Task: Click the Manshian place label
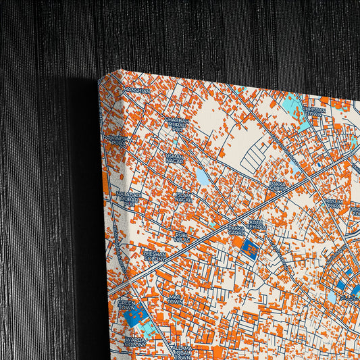tap(137, 90)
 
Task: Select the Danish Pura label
tap(119, 140)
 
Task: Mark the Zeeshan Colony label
tap(155, 255)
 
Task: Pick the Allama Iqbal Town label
tap(182, 352)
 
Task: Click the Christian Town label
tap(314, 111)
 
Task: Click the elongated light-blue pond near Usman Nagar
tap(203, 177)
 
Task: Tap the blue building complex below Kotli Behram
tap(251, 249)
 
